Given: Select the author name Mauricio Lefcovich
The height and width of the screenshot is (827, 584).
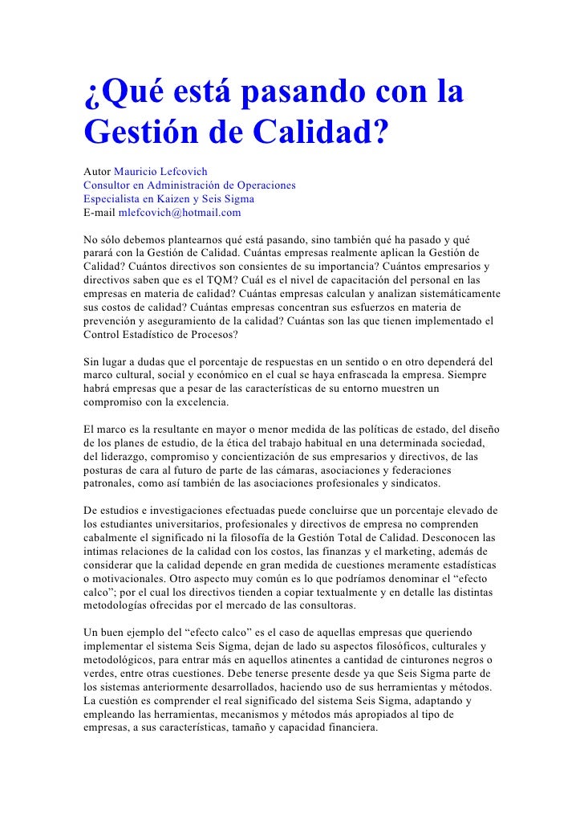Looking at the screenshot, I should tap(160, 171).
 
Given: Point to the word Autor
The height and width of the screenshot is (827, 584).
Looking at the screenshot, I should tap(97, 171).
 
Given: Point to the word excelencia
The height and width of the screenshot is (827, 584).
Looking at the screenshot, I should tap(200, 403).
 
